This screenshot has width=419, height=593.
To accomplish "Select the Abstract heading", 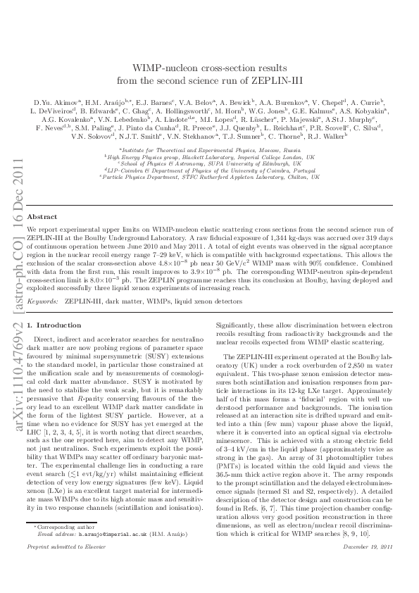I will tap(42, 218).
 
